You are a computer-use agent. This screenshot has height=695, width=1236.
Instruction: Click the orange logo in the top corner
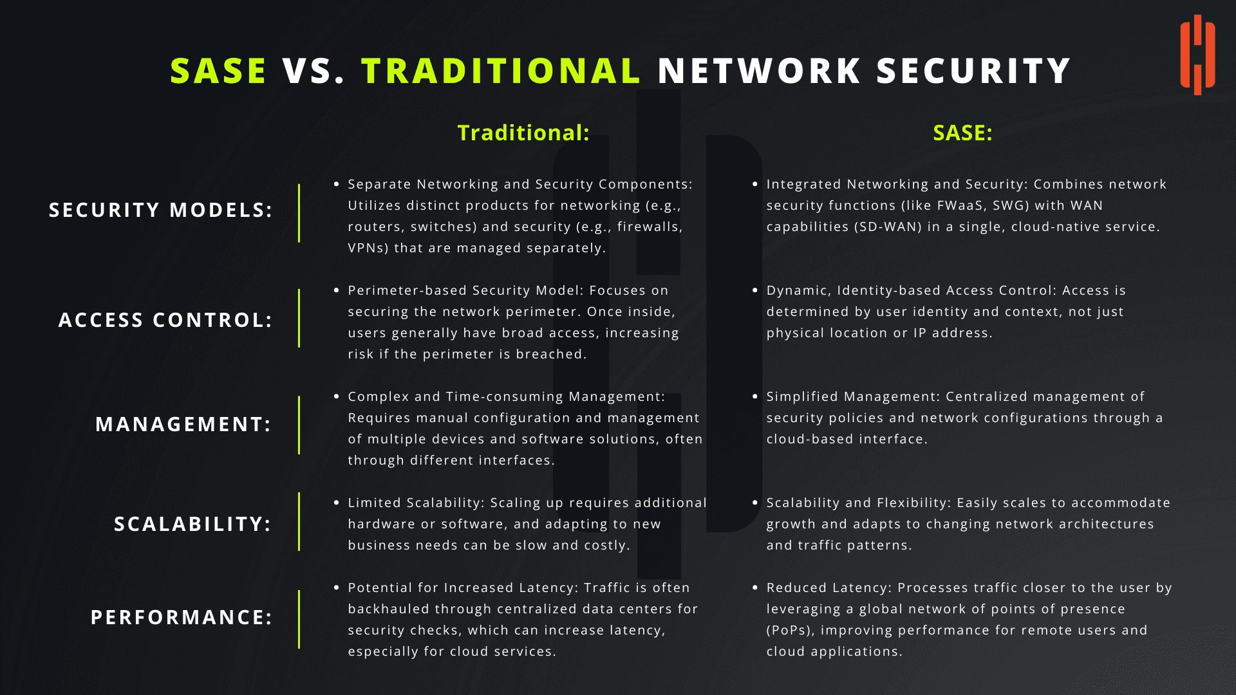(x=1197, y=55)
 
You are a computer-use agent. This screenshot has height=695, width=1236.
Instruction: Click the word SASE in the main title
(x=218, y=71)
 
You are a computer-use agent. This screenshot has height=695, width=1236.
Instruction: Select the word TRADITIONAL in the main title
(x=501, y=71)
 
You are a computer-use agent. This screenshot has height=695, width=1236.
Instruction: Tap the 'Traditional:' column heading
(x=523, y=133)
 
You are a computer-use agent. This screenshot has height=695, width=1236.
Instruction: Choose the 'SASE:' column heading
(x=962, y=133)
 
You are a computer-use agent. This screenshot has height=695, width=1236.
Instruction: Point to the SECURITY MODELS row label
(x=161, y=210)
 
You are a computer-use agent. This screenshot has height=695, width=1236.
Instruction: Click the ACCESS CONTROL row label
(x=165, y=320)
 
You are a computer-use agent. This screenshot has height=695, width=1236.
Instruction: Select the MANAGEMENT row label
(x=183, y=424)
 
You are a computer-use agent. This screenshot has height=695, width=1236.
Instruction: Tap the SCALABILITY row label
(x=192, y=524)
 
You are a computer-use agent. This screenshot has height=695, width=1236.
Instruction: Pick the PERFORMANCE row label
(x=182, y=617)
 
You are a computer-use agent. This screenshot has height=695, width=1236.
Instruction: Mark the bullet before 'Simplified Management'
(x=755, y=396)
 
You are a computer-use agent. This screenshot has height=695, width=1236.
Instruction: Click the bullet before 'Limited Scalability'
(x=336, y=503)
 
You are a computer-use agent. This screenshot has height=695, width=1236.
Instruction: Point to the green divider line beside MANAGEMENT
(x=299, y=425)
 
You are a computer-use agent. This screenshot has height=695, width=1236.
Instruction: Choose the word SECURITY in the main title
(x=973, y=71)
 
